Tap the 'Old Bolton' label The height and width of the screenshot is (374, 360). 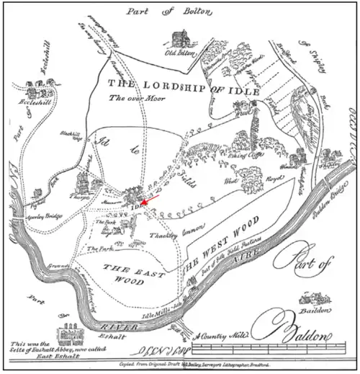click(181, 53)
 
